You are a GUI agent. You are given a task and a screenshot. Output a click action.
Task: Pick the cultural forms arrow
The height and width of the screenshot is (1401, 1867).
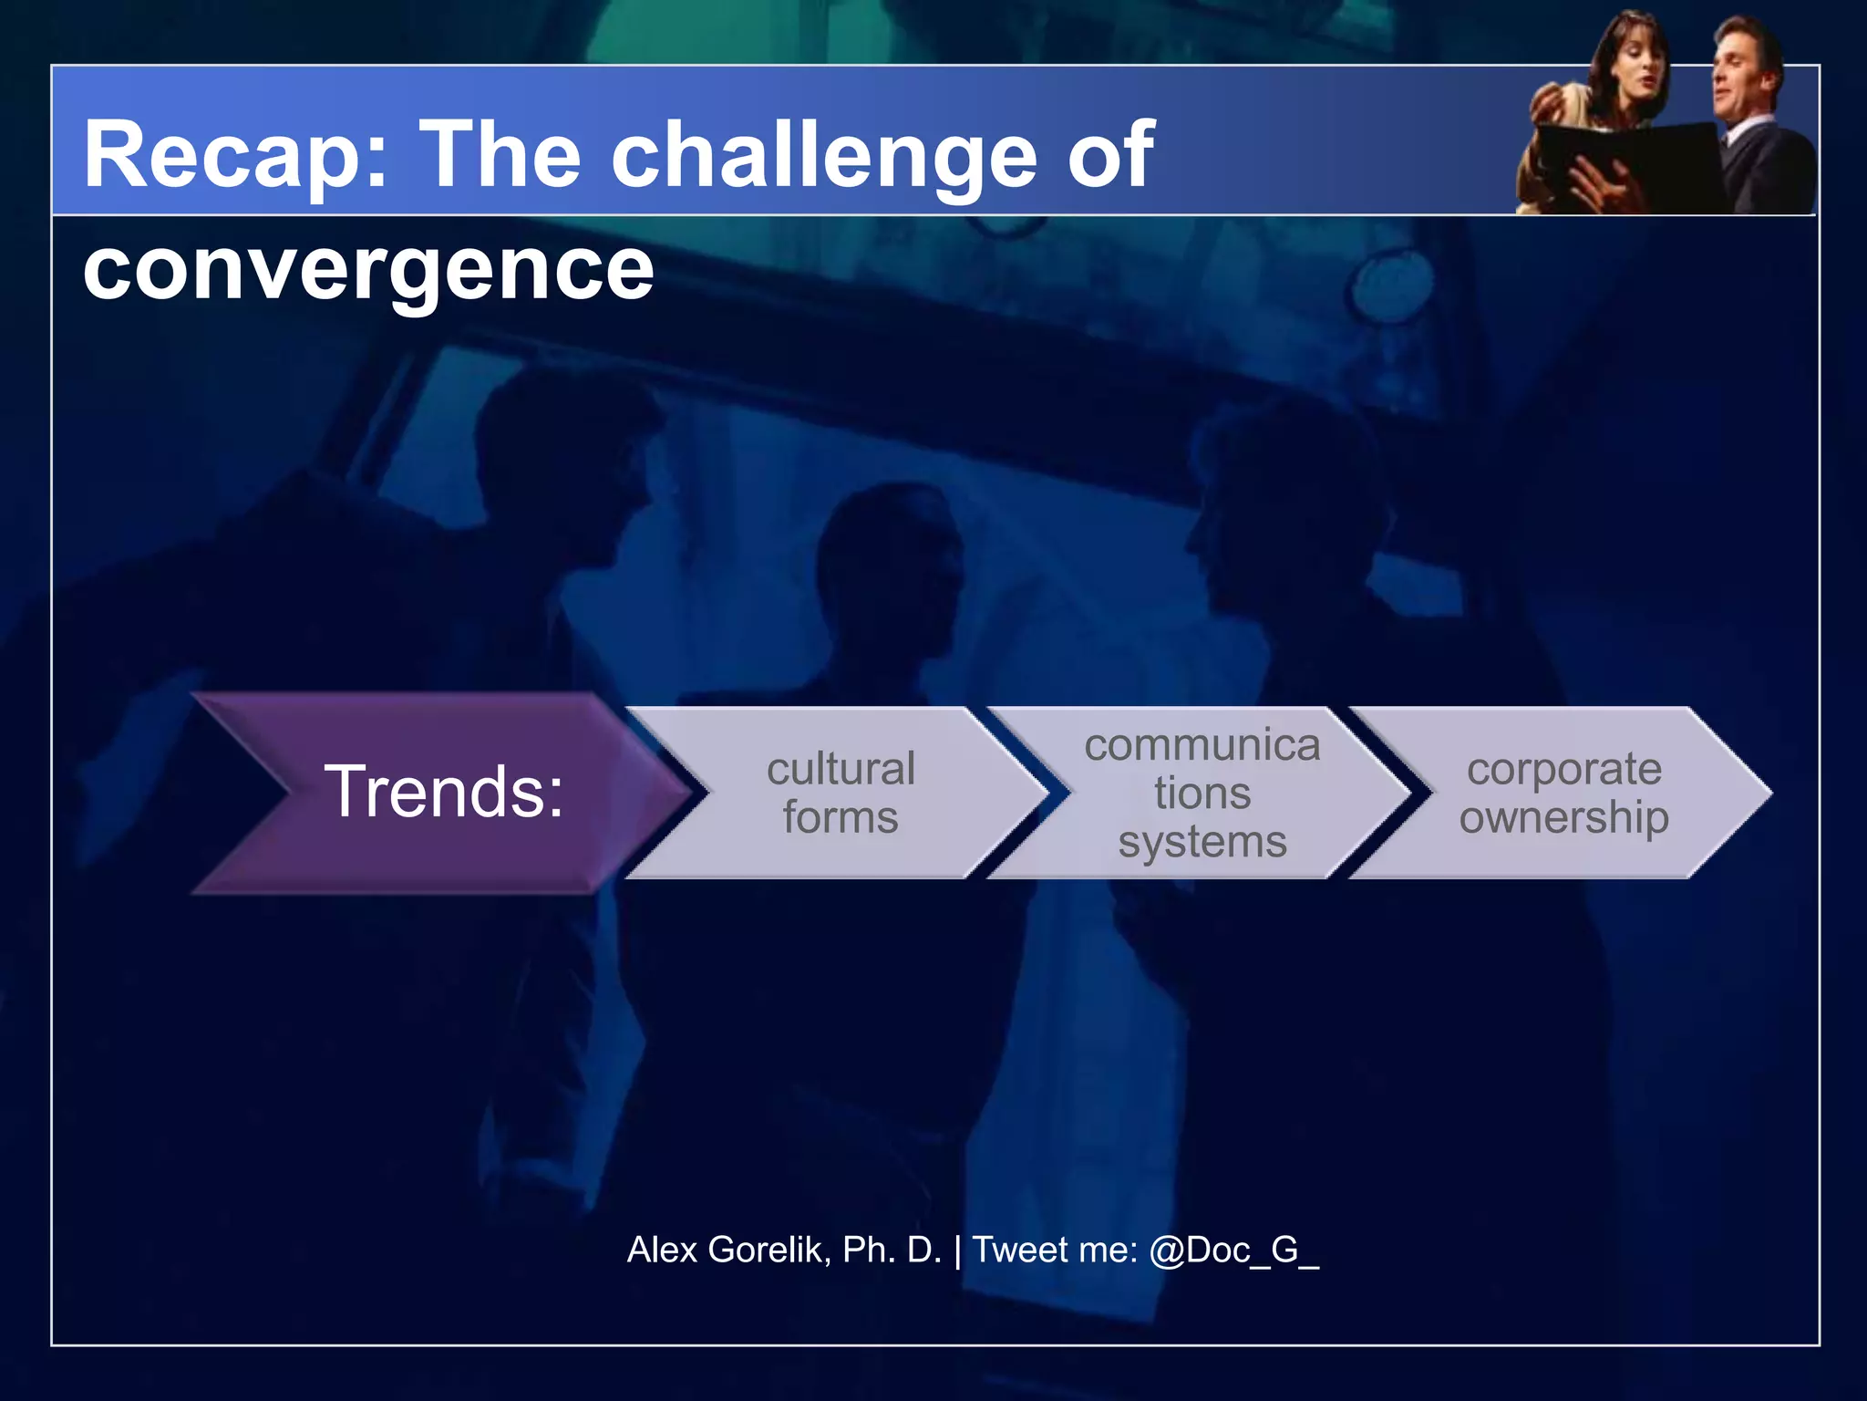[840, 792]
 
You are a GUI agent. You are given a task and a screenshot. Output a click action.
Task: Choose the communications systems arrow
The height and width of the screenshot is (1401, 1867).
[1202, 792]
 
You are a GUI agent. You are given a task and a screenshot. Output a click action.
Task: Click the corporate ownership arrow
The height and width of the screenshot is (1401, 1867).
[1563, 792]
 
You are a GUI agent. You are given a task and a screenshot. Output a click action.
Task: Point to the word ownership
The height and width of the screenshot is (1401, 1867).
[1563, 816]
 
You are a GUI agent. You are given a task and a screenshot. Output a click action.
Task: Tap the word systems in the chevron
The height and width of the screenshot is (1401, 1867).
[1202, 841]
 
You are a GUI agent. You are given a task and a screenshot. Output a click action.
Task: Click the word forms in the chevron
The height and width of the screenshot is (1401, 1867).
[840, 816]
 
